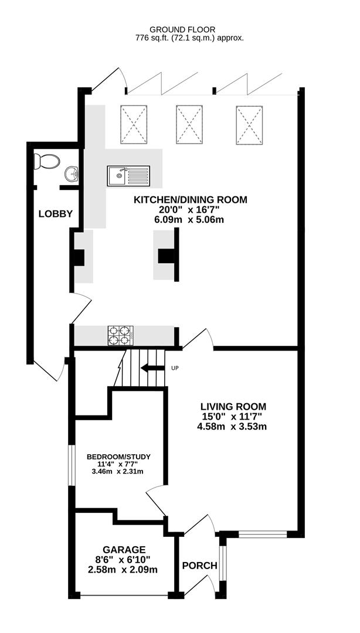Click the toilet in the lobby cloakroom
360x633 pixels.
(x=47, y=161)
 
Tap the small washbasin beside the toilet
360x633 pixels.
(x=72, y=173)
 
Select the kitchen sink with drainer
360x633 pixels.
(x=128, y=175)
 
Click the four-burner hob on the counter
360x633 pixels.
(x=120, y=335)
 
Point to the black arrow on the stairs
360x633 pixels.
(x=152, y=368)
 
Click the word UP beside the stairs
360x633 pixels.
(x=174, y=368)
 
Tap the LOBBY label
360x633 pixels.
(x=55, y=214)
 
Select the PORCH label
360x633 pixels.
(x=199, y=566)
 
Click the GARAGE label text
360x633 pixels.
(x=124, y=550)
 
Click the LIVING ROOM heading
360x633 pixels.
(x=233, y=406)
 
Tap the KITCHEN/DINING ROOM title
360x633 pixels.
(x=191, y=200)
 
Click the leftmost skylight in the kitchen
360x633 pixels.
(x=134, y=124)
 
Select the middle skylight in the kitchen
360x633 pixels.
(x=190, y=124)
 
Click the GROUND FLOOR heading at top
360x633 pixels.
(x=182, y=29)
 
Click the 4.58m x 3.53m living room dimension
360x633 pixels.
(x=233, y=426)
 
